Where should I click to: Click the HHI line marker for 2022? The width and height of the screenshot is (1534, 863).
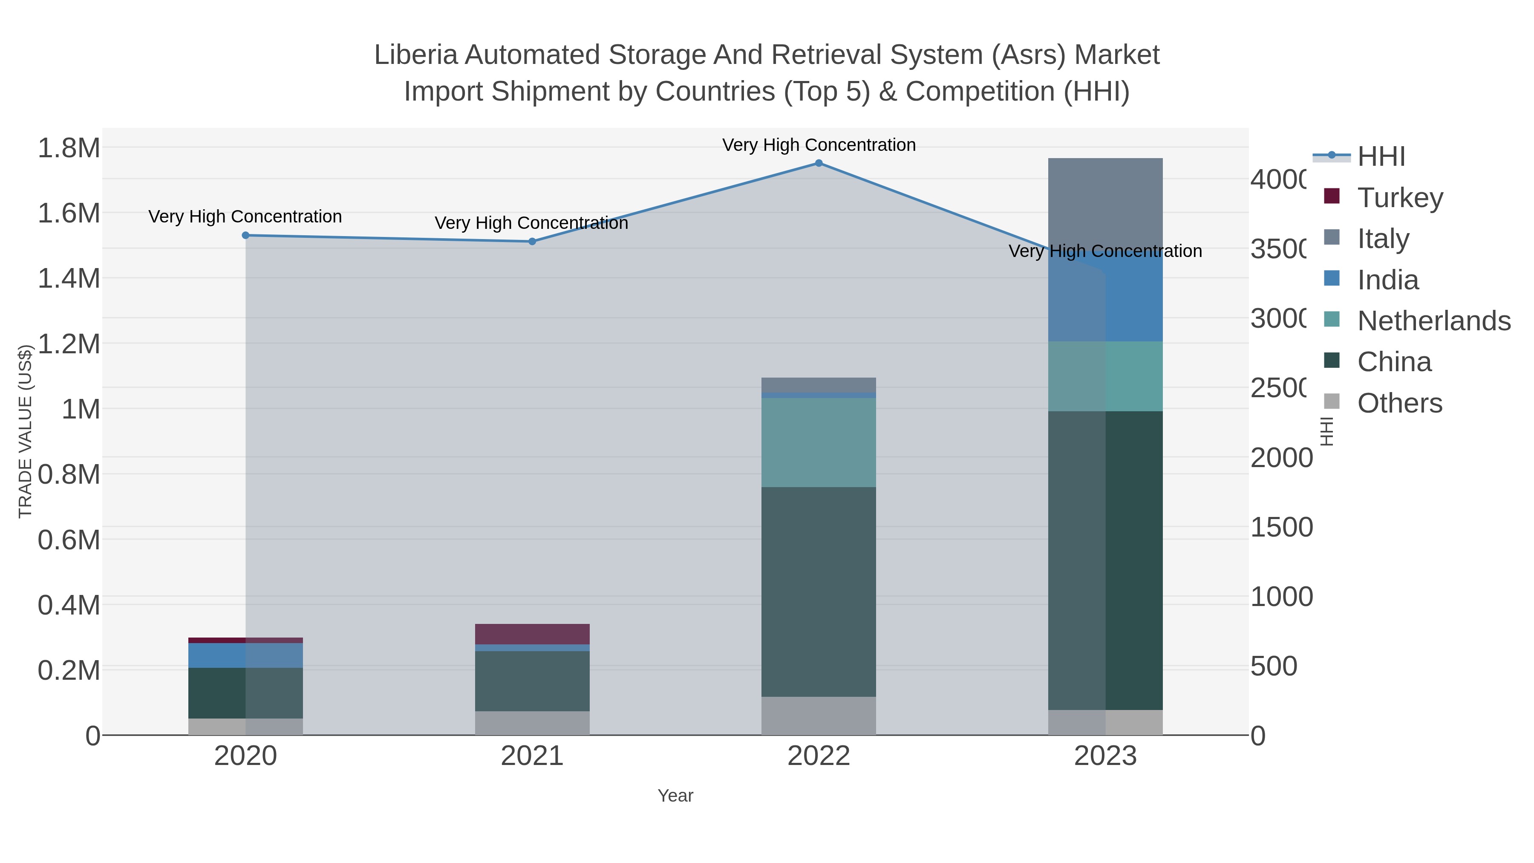[819, 163]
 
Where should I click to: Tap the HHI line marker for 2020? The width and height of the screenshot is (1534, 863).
[245, 235]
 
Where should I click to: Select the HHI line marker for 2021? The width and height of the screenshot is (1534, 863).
[532, 241]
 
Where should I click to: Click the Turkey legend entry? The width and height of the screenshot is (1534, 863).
[1399, 197]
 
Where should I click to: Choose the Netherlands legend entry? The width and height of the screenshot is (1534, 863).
[1433, 320]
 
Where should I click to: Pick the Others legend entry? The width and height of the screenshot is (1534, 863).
[1399, 403]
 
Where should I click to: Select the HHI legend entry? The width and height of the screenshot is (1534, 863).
[1380, 157]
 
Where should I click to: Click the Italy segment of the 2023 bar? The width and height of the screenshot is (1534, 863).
[1105, 202]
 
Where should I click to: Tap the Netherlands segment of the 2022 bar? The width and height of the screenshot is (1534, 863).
[819, 442]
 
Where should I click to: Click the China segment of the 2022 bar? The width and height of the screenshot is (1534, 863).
[819, 592]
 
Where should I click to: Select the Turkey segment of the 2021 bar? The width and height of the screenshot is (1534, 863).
[532, 634]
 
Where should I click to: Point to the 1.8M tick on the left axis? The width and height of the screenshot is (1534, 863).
[69, 148]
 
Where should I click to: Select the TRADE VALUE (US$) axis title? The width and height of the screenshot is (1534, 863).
[25, 431]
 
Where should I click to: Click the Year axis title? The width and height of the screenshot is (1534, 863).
[675, 796]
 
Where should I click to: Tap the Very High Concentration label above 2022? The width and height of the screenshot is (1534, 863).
[819, 145]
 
